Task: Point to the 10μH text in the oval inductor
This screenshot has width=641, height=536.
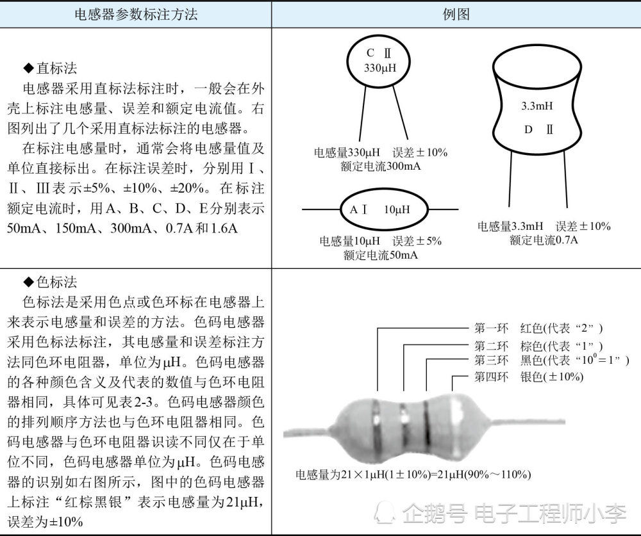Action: tap(397, 209)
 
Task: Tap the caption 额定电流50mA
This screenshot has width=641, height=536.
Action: tap(381, 255)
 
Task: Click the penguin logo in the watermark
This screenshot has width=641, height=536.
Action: tap(385, 511)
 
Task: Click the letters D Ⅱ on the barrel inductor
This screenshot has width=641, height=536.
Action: tap(538, 129)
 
